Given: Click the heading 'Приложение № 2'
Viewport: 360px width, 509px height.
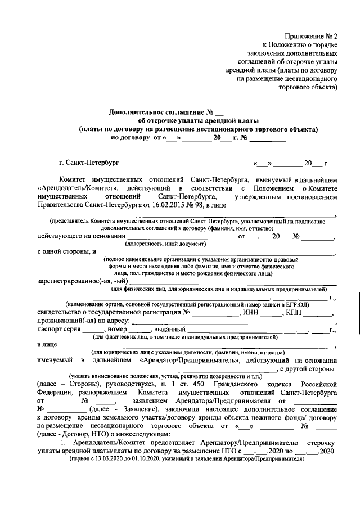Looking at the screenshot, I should click(x=312, y=35).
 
